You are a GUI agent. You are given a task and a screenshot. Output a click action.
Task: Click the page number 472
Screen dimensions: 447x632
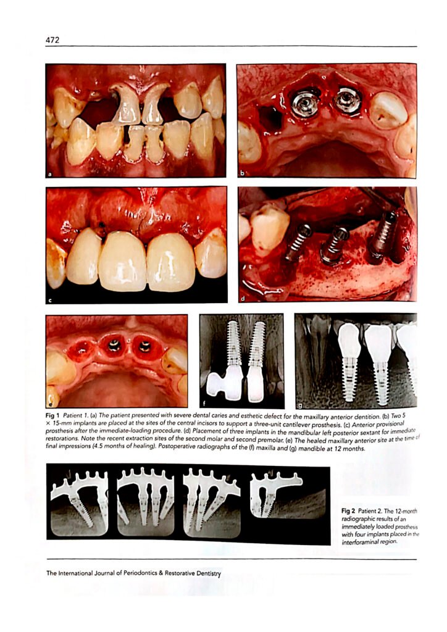coord(52,40)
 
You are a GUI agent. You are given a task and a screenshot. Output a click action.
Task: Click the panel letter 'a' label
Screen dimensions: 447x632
coord(50,175)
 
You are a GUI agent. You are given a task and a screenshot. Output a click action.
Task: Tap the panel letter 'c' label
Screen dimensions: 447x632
coord(50,300)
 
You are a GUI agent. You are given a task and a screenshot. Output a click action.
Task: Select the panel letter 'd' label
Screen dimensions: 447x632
coord(243,299)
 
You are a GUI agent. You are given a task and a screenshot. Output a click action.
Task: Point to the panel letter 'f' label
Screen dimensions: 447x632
coord(204,404)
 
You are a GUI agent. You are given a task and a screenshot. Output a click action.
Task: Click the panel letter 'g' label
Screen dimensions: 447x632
coord(299,404)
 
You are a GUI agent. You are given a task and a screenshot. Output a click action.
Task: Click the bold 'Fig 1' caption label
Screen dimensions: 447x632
coord(53,415)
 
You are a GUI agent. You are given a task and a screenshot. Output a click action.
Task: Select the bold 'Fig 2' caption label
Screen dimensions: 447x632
coord(348,511)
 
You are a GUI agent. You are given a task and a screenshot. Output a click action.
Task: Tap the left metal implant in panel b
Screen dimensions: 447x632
coord(305,104)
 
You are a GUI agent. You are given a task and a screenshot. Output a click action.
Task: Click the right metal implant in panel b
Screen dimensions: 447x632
coord(348,100)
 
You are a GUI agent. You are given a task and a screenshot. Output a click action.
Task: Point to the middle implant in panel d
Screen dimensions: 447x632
coord(335,246)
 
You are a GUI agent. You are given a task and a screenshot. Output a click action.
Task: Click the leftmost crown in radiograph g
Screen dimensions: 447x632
coord(349,341)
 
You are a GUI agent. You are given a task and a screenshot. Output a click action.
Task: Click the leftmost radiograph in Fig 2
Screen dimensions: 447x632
coord(80,502)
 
